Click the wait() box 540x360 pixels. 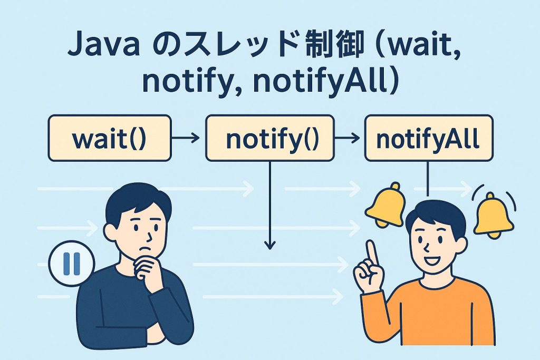point(110,138)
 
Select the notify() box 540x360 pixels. point(269,138)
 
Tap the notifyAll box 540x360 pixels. point(428,138)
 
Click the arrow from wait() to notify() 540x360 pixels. point(186,138)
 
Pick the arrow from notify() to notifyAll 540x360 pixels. point(348,138)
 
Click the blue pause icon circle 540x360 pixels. point(71,262)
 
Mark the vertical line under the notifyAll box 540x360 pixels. point(428,179)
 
